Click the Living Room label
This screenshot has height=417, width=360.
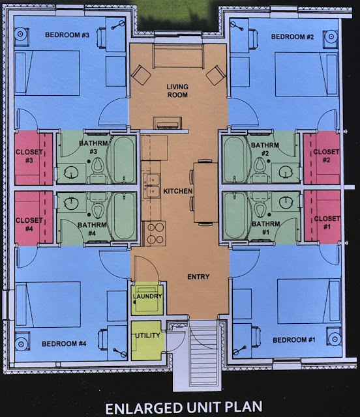coord(177,91)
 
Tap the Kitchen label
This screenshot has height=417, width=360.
coord(177,191)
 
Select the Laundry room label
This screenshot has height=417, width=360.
coord(147,296)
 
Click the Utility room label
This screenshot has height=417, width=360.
coord(147,336)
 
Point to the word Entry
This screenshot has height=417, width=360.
coord(198,277)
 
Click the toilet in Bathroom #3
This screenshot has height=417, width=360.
coord(97,170)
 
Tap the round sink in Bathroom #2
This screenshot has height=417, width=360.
coord(286,172)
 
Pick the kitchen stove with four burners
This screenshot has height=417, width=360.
coord(154,233)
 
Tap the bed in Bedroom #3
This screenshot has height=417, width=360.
coord(48,72)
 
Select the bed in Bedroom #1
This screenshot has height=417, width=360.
coord(308,301)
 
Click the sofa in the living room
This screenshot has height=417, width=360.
coord(178,57)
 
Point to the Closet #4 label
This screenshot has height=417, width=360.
coord(29,224)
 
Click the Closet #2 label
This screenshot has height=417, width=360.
coord(326,156)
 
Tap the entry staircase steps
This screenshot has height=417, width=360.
coord(205,353)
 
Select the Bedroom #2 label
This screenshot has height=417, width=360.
coord(292,36)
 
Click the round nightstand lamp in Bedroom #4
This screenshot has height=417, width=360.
coord(21,344)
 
